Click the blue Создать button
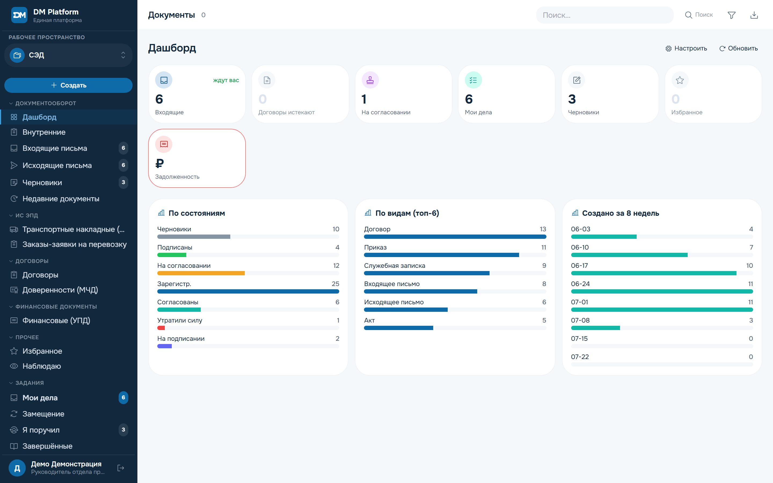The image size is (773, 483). pos(68,85)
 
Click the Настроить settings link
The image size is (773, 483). pos(686,48)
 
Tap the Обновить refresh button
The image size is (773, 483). pos(738,48)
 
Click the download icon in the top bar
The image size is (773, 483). pos(754,15)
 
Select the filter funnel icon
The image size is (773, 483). pos(731,15)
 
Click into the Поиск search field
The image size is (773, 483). pos(604,15)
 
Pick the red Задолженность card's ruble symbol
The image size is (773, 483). pos(159,164)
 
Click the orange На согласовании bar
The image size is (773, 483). pos(201,273)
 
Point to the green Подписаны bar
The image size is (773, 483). pos(172,255)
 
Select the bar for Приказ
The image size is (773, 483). pos(442,255)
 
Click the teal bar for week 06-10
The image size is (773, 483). pos(629,255)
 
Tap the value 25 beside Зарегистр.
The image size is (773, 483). pos(336,284)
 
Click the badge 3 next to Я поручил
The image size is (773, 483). pos(123,430)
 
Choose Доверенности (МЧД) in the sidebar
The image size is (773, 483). pos(60,290)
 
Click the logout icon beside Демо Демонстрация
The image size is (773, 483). pos(121,468)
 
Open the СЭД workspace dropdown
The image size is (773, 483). pos(68,55)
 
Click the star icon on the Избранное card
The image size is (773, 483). pos(680,80)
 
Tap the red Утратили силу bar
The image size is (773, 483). pos(161,328)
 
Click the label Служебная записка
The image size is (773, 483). pos(395,266)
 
